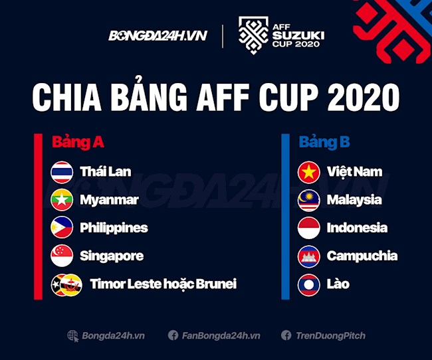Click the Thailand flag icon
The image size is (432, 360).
pos(61,172)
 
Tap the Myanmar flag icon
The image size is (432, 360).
pos(61,200)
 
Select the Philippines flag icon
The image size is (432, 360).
pos(61,228)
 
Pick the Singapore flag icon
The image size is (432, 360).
pos(61,256)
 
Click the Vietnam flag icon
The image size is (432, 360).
pos(308,172)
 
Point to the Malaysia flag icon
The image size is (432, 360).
pos(308,200)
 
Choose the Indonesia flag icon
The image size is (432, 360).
pos(308,228)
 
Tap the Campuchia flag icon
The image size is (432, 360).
pos(308,256)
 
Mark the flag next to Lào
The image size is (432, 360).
pos(308,284)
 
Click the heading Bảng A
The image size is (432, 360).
pos(78,142)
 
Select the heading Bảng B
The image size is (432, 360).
pos(324,142)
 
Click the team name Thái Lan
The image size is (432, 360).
pos(105,172)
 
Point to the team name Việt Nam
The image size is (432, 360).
pos(354,172)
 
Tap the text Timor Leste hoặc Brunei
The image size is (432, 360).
pos(163,284)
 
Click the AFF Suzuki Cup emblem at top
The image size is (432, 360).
pos(253,36)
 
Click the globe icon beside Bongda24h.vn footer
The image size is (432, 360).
pos(73,335)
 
